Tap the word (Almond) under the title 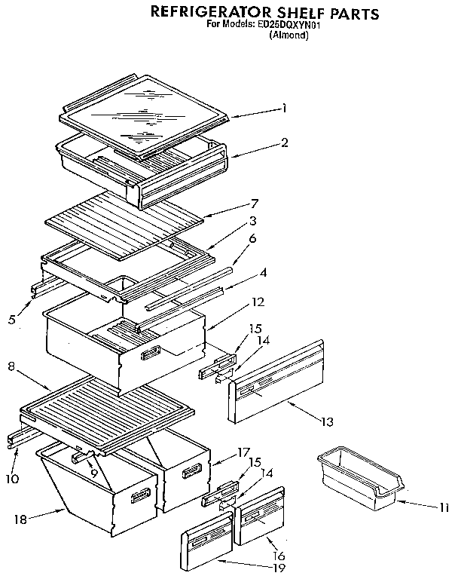coord(289,35)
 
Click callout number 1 coord(284,109)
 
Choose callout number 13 coord(325,421)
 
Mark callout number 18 coord(21,519)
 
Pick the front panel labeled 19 coord(205,545)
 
